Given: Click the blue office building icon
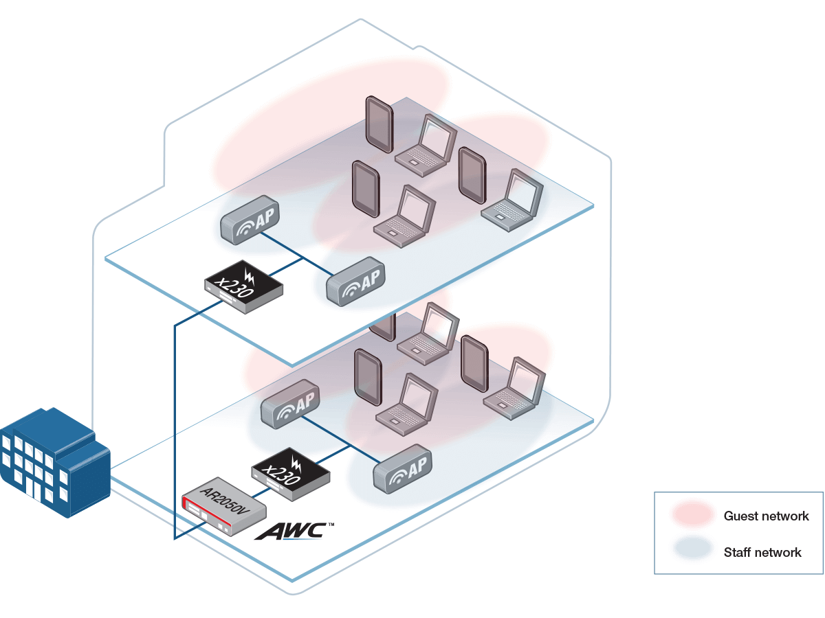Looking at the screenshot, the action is pos(54,462).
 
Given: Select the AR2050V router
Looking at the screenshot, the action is pos(224,506).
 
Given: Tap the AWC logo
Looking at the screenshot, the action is pos(291,531).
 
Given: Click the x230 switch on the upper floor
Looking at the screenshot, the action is pos(243,287).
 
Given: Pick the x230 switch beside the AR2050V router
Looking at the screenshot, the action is pos(291,474).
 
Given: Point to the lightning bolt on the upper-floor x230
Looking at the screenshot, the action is pos(249,277).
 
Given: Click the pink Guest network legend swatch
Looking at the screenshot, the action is pos(693,514).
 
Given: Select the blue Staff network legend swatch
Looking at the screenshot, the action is pos(693,549).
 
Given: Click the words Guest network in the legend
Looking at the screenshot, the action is pos(766,516).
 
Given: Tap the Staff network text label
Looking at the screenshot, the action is pos(762,552).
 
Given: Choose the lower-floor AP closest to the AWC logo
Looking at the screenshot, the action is pos(402,469).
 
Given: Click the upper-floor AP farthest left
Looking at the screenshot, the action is pos(250,220).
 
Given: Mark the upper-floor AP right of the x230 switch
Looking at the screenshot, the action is pos(355,282).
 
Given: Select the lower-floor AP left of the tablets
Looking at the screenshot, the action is pos(290,404).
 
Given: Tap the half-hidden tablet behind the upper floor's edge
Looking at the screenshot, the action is pos(383,328).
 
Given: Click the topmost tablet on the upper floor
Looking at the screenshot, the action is pos(379,124).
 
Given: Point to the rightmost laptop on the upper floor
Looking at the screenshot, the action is pos(512,201).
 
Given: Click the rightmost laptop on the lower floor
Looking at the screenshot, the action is pos(514,389).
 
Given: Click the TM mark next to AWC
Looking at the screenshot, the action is pos(331,525).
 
